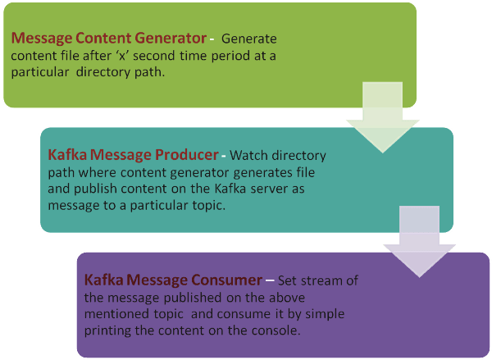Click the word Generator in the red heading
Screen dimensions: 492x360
[x=171, y=39]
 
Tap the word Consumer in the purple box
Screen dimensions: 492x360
[x=227, y=280]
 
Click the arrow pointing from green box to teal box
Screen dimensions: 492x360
[x=382, y=117]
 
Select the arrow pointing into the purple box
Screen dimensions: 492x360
[x=420, y=241]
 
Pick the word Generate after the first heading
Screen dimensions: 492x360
[x=249, y=39]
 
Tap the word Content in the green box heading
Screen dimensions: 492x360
[x=103, y=38]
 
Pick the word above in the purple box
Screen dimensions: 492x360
[x=286, y=298]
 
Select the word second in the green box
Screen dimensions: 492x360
[x=154, y=56]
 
